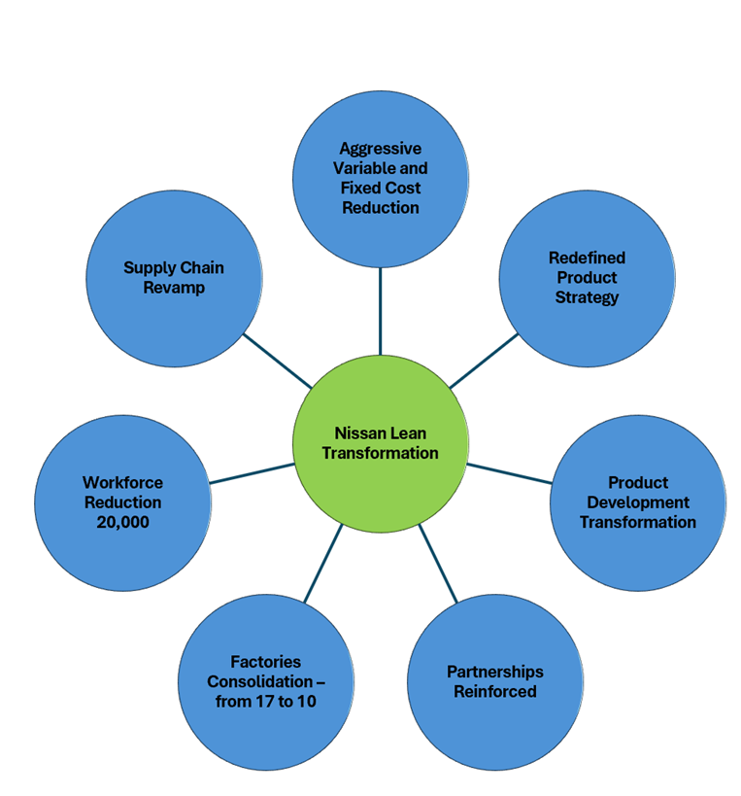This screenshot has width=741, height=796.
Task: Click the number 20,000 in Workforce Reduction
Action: (122, 522)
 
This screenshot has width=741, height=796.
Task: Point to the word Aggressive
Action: (380, 149)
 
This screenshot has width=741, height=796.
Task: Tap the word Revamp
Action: (174, 288)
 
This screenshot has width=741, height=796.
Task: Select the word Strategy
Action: (587, 297)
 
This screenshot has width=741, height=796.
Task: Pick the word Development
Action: (638, 502)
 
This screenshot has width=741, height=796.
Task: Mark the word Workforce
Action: (122, 483)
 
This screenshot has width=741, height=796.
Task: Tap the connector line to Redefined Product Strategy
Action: (484, 361)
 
